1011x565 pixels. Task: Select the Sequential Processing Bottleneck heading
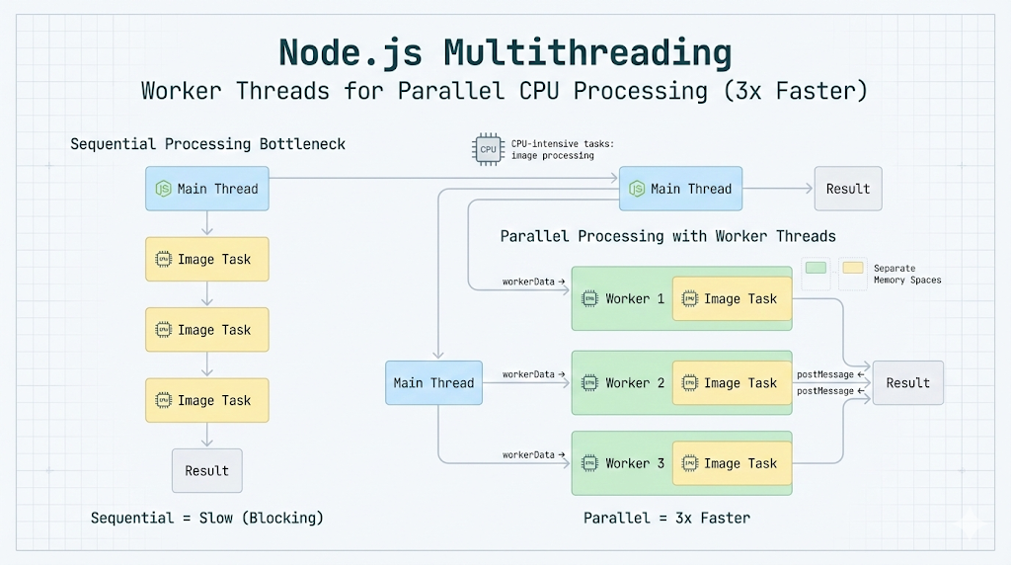tap(207, 144)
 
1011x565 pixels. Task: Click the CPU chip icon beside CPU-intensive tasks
tap(488, 149)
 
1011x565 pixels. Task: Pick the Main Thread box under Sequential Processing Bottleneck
tap(207, 189)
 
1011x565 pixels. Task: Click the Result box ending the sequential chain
tap(206, 471)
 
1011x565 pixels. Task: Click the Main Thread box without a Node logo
tap(433, 383)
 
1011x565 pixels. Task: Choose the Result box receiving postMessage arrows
tap(907, 383)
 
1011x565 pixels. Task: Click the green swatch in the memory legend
tap(816, 268)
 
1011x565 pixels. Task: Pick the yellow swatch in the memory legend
tap(852, 268)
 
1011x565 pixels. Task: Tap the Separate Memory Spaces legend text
tap(906, 274)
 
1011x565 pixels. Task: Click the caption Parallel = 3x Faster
tap(666, 518)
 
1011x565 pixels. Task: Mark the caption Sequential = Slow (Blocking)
tap(206, 518)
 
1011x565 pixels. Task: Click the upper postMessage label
tap(825, 374)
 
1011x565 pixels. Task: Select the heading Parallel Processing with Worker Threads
tap(667, 237)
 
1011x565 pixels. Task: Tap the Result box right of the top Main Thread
tap(848, 189)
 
